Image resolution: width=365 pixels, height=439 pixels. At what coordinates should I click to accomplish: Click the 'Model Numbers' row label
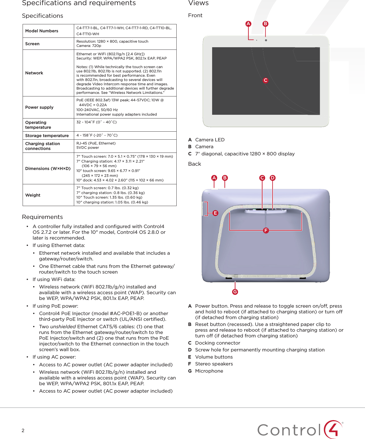(42, 31)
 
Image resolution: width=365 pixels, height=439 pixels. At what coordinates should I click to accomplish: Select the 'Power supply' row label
(39, 107)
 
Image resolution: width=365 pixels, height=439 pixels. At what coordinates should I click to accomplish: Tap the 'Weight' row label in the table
(33, 195)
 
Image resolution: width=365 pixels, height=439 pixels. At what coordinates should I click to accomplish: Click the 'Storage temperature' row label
(47, 136)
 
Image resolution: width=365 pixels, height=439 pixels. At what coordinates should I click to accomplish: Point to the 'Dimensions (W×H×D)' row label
(48, 169)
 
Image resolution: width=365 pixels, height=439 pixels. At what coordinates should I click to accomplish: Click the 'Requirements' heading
(42, 217)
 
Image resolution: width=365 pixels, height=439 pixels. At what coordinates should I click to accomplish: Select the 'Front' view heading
(195, 15)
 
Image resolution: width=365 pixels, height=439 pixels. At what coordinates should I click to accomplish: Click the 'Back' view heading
(195, 164)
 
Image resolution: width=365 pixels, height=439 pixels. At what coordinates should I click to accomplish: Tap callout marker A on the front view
(248, 24)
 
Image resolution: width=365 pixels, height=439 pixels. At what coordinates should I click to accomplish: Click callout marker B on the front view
(265, 24)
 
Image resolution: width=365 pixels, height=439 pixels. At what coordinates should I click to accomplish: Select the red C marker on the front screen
(266, 80)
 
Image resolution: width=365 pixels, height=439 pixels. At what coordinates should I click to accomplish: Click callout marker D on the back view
(273, 178)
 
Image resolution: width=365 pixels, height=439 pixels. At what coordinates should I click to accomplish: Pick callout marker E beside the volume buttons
(215, 213)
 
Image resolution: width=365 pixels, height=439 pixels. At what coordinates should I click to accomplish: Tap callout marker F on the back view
(266, 230)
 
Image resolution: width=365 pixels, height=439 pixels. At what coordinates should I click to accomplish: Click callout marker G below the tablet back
(235, 292)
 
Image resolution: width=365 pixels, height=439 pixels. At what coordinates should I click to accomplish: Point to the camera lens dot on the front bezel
(266, 40)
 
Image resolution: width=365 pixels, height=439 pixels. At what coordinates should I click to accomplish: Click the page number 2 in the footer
(23, 430)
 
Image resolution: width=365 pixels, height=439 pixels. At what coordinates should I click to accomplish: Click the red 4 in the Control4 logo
(334, 429)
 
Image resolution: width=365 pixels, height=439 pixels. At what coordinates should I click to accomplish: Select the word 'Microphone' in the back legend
(209, 371)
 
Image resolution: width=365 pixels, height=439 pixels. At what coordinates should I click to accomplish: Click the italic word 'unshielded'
(63, 327)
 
